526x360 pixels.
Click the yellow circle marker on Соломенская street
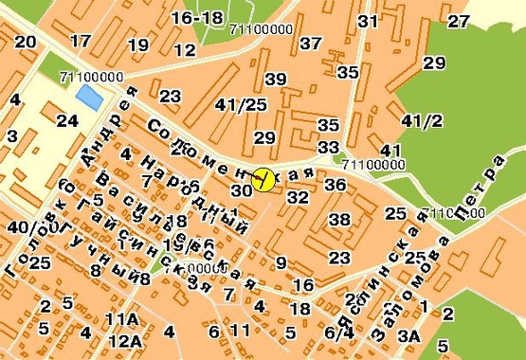coord(263,178)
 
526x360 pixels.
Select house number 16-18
coord(198,18)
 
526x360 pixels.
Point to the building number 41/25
coord(241,104)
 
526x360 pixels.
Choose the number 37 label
coord(310,43)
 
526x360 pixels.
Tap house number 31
coord(369,22)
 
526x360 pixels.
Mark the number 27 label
coord(459,21)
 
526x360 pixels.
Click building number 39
coord(276,79)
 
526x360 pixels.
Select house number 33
coord(329,147)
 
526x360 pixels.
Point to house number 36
coord(335,185)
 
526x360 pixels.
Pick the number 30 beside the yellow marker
coord(242,190)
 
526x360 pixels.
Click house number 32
coord(298,197)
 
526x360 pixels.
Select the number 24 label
coord(66,120)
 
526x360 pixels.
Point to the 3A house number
coord(408,334)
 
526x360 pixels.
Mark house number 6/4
coord(339,333)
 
